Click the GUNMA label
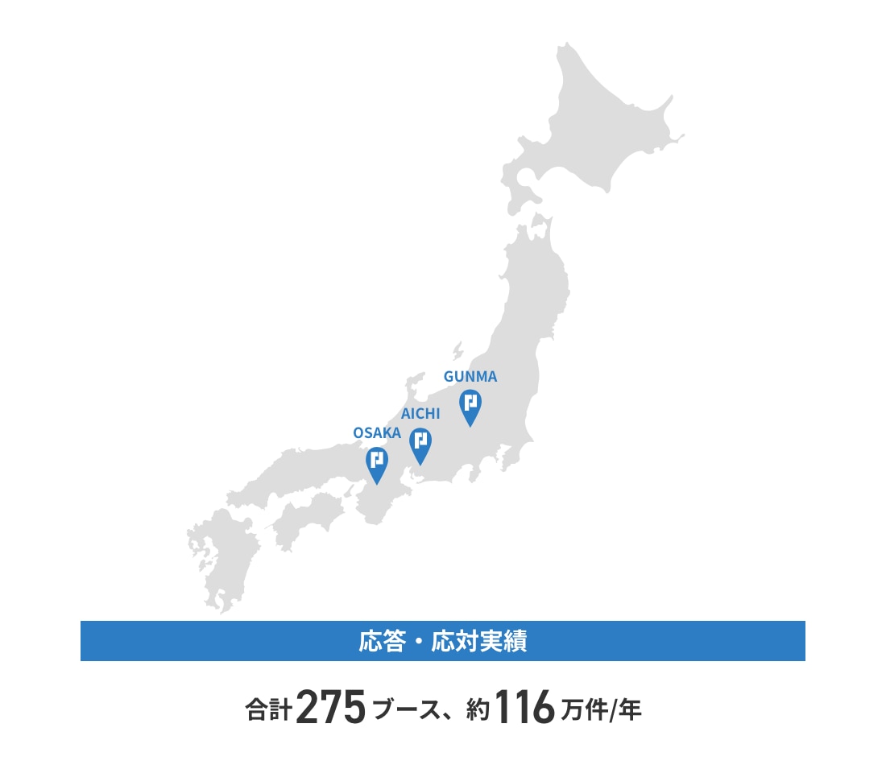click(x=470, y=376)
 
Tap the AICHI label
click(x=420, y=414)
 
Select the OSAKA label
click(x=377, y=433)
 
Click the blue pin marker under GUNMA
click(x=470, y=407)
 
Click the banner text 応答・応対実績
click(x=442, y=642)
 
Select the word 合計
click(x=268, y=711)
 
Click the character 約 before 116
click(x=478, y=711)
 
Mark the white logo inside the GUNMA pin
click(x=470, y=401)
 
